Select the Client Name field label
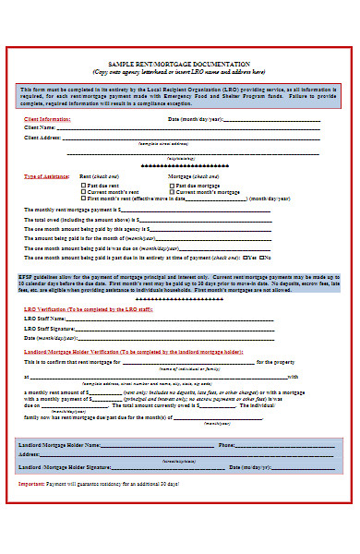42,127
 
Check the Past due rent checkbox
82,185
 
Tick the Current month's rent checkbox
82,191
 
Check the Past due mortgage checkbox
169,185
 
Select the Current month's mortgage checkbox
169,191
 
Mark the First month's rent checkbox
82,198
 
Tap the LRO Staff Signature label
49,328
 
